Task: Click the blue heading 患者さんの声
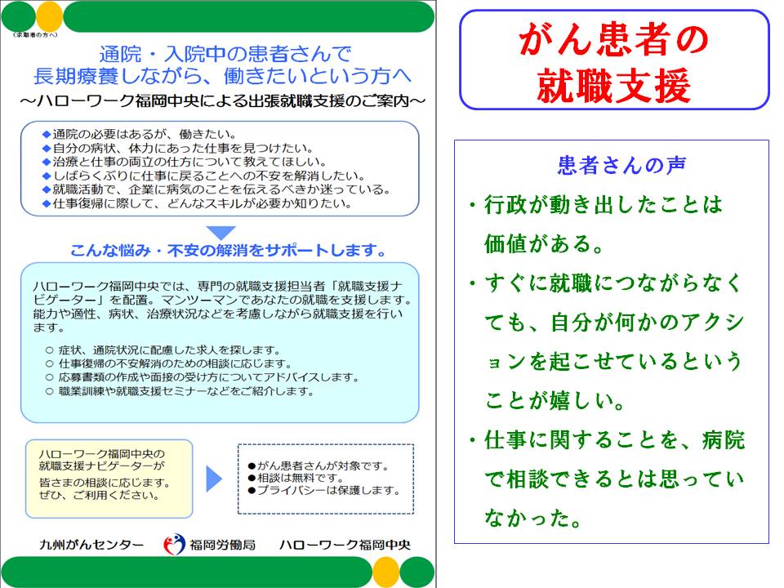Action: click(621, 165)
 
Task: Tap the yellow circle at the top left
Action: click(50, 16)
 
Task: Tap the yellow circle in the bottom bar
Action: click(386, 572)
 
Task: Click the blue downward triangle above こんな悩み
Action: click(220, 232)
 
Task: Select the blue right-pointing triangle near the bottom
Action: click(213, 479)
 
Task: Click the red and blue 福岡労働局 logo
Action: click(174, 545)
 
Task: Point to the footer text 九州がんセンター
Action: click(91, 545)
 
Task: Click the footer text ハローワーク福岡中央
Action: click(345, 545)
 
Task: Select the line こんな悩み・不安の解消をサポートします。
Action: click(228, 250)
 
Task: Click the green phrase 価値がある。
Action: click(544, 243)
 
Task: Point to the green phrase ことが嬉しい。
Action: click(555, 400)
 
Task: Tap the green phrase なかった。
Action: click(533, 518)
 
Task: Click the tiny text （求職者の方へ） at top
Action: click(35, 35)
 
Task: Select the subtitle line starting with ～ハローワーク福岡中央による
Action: click(222, 101)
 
